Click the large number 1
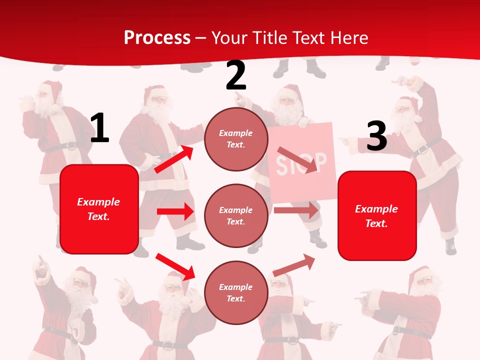tap(99, 128)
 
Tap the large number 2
tap(236, 76)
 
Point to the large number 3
tap(376, 136)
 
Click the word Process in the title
tap(157, 37)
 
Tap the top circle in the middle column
tap(236, 139)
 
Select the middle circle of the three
tap(236, 215)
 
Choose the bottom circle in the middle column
tap(236, 292)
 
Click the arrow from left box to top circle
tap(174, 159)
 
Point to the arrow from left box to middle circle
tap(175, 211)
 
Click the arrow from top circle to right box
tap(298, 159)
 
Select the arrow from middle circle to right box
tap(295, 210)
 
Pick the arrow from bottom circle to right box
tap(294, 265)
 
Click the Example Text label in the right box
tap(376, 216)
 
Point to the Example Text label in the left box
tap(98, 209)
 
